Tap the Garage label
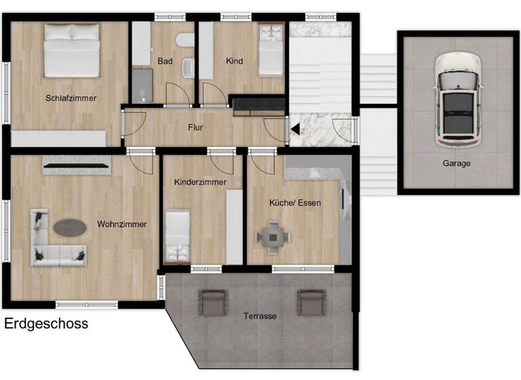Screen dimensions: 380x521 tap(457, 163)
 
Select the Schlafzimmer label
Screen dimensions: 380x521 tap(71, 98)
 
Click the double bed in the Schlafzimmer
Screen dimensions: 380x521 tap(72, 50)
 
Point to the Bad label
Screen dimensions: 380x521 tap(165, 61)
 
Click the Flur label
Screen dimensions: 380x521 tap(195, 127)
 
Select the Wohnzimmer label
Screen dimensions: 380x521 tap(121, 223)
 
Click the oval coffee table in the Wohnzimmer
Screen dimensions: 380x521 tap(70, 227)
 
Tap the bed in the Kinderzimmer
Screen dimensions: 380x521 tap(178, 235)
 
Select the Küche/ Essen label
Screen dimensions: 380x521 tap(295, 202)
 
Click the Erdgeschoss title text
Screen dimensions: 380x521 tap(46, 324)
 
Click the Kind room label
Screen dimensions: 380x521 tap(235, 61)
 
